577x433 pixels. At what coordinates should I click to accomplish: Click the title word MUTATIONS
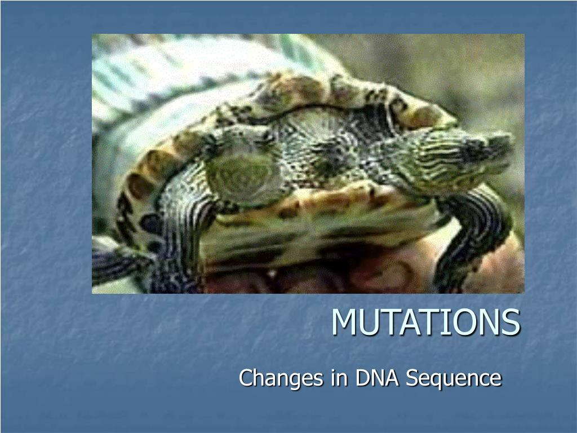(x=426, y=322)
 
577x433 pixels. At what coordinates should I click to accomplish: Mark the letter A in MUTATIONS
(x=409, y=322)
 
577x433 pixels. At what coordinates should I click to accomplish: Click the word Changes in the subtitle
(x=282, y=378)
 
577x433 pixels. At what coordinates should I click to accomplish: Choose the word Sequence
(x=454, y=378)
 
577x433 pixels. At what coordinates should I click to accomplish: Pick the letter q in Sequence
(x=438, y=382)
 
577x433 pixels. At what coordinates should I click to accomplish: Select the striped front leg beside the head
(x=474, y=236)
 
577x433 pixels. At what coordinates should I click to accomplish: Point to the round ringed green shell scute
(x=242, y=176)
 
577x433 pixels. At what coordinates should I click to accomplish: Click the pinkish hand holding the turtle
(x=368, y=272)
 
